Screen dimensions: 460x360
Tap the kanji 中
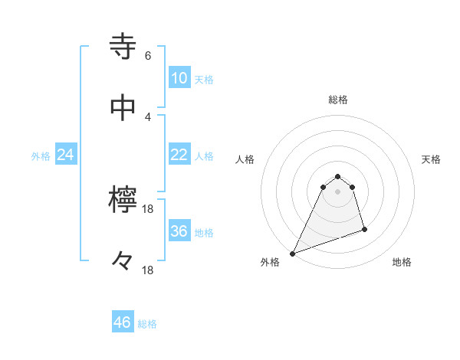123,108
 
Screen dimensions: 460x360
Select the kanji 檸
123,201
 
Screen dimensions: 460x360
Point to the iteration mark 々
123,261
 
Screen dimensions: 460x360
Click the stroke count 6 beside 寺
147,56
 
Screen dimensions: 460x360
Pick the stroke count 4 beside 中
147,116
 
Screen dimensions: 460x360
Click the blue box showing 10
179,78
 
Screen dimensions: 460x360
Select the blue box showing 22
179,155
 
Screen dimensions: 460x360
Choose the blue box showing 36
179,231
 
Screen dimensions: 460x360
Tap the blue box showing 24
66,155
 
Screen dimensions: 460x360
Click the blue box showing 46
123,322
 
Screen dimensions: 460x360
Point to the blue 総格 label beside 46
147,324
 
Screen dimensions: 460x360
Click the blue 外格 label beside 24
41,156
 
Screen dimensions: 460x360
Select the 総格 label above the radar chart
338,100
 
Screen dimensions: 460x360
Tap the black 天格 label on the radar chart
432,159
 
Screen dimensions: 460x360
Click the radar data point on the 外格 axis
293,254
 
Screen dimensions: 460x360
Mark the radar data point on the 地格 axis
364,229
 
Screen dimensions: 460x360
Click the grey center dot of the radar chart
338,191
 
